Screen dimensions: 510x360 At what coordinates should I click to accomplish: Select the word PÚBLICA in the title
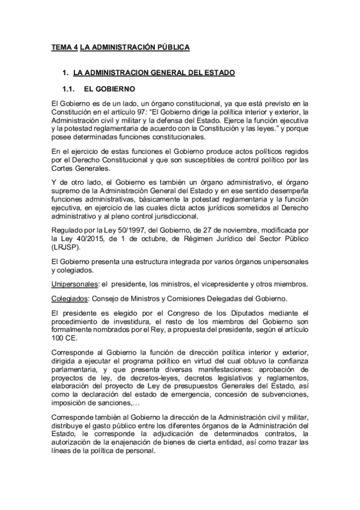172,46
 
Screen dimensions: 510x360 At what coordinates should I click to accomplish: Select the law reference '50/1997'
121,230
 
